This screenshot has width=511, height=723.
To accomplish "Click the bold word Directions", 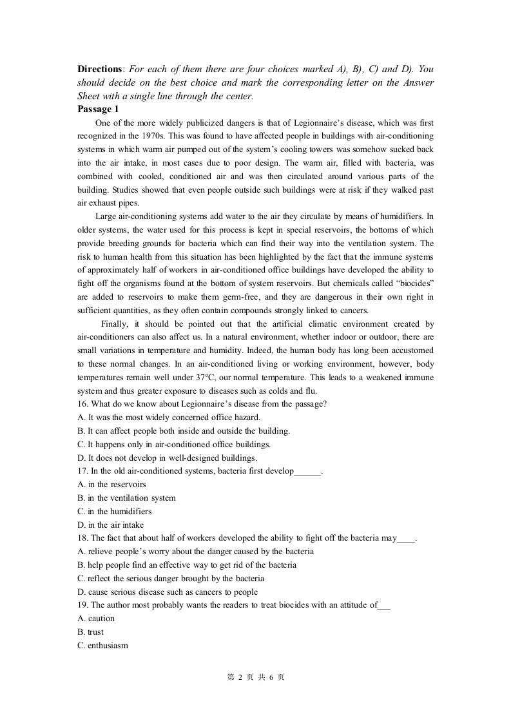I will coord(99,69).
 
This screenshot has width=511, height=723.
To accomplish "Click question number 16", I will coord(82,404).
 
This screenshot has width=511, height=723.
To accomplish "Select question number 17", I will coord(82,471).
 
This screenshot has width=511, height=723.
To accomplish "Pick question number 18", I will coord(82,538).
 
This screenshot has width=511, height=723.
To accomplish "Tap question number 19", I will coord(82,605).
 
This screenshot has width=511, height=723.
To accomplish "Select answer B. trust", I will coord(90,632).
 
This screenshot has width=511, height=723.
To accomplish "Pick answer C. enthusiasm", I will coord(102,646).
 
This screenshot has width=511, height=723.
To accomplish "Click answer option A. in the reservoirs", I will coord(111,485).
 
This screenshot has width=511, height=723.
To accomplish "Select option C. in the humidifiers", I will coord(114,512).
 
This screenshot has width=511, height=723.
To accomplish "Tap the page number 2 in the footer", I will coord(240,678).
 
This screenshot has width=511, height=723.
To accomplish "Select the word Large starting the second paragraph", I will coord(106,217).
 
